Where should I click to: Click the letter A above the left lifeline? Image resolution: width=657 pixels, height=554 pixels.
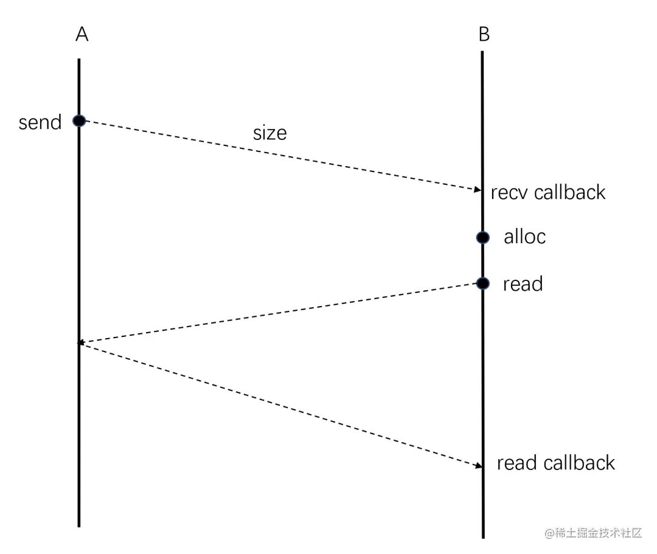pyautogui.click(x=82, y=35)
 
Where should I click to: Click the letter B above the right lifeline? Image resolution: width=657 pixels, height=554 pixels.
pyautogui.click(x=484, y=35)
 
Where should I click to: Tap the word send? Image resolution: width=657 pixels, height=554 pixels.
pyautogui.click(x=40, y=123)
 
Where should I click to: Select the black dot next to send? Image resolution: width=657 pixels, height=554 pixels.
pyautogui.click(x=79, y=120)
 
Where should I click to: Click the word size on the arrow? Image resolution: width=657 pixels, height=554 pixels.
pyautogui.click(x=269, y=133)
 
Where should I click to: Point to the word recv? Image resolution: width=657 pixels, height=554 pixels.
pyautogui.click(x=510, y=193)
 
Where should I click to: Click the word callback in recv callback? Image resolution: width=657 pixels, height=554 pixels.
pyautogui.click(x=569, y=193)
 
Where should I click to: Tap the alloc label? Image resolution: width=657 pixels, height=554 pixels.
pyautogui.click(x=524, y=237)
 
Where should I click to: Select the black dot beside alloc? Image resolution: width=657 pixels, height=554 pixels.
pyautogui.click(x=482, y=237)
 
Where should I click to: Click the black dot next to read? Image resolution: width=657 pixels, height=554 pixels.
pyautogui.click(x=482, y=283)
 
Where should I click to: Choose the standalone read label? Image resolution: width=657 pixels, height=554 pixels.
pyautogui.click(x=523, y=284)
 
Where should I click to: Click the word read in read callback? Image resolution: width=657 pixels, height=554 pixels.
pyautogui.click(x=517, y=463)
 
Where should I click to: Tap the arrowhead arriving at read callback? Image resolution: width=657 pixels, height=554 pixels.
pyautogui.click(x=478, y=466)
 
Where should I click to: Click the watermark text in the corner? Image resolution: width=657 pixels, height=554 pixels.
pyautogui.click(x=593, y=533)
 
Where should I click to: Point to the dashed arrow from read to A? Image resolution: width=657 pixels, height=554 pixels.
pyautogui.click(x=280, y=313)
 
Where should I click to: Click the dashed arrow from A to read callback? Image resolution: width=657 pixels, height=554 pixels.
pyautogui.click(x=280, y=404)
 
